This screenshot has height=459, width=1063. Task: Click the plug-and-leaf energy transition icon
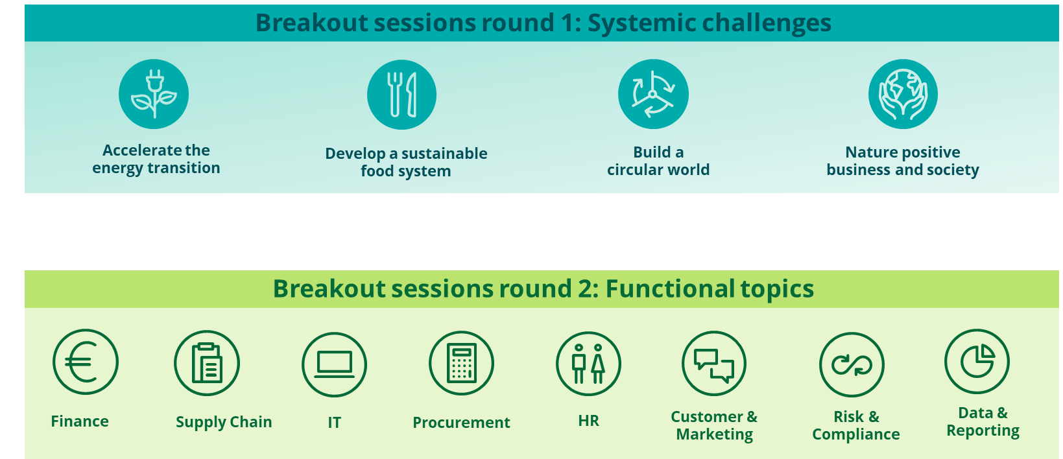[x=154, y=94]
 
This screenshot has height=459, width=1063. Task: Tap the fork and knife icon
[x=402, y=95]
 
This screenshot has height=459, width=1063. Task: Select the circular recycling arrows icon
[x=653, y=94]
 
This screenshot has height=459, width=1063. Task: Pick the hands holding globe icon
[x=903, y=94]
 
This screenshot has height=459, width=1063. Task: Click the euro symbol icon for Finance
[x=86, y=362]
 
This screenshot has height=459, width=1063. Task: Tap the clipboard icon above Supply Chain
[x=207, y=363]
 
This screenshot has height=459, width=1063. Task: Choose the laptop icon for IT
[x=334, y=364]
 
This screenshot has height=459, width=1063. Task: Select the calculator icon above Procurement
[x=461, y=363]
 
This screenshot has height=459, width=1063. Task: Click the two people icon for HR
[x=588, y=364]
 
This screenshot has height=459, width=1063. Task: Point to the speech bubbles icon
[x=714, y=363]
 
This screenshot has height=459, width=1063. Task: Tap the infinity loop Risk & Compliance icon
[x=852, y=364]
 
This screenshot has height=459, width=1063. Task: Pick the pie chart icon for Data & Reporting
[x=977, y=361]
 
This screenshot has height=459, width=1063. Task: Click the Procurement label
[x=461, y=422]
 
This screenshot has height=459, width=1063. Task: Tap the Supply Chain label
[x=224, y=422]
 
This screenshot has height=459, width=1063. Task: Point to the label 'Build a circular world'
[x=658, y=161]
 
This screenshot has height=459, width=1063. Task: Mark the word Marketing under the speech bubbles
[x=715, y=434]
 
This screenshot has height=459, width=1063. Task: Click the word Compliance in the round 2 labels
[x=856, y=434]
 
